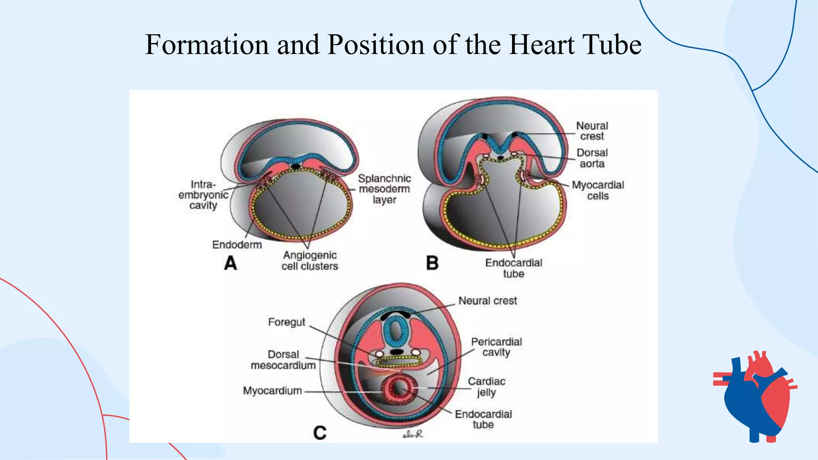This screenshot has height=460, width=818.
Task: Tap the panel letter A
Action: point(230,264)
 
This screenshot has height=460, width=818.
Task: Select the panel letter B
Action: point(432,264)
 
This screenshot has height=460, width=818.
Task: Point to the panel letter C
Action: point(320,433)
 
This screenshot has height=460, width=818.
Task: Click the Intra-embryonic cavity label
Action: point(203,195)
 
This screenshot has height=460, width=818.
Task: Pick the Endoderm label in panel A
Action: point(237,245)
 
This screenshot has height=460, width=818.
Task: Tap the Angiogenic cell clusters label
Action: point(310,261)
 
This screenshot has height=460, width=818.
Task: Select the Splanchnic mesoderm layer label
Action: point(384,189)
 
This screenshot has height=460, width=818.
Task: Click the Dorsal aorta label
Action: point(592,158)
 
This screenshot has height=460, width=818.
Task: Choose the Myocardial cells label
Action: point(598,190)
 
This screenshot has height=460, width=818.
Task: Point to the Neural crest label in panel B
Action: point(592,131)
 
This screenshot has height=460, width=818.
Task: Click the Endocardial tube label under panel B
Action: point(514,268)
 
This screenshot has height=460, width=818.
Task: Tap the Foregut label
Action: point(286,322)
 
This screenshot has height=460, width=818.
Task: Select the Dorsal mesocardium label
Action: point(283,360)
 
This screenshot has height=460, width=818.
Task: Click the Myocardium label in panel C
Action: point(272,391)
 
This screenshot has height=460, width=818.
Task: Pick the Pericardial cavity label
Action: point(496,347)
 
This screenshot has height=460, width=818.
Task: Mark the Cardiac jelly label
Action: point(486,387)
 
